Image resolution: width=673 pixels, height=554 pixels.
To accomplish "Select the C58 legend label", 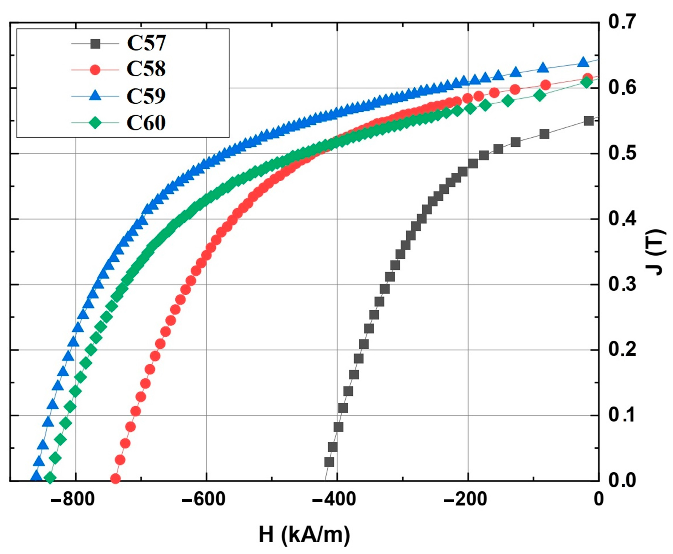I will [146, 69].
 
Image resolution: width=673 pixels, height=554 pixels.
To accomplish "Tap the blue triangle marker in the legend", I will [95, 95].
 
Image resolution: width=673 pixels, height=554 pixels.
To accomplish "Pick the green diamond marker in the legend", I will [95, 123].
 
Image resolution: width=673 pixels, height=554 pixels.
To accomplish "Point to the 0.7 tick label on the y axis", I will [622, 22].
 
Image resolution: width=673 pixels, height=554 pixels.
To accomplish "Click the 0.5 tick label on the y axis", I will [622, 154].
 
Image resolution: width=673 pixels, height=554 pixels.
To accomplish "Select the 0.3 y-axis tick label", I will [622, 285].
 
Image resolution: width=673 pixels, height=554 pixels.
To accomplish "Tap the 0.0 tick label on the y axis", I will [622, 481].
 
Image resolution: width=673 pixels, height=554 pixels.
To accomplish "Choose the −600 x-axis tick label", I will [203, 499].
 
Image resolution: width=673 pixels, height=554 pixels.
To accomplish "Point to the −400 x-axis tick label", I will [334, 499].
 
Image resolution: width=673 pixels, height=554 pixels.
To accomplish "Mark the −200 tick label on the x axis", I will [465, 499].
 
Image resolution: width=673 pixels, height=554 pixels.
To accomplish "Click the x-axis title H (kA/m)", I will [305, 535].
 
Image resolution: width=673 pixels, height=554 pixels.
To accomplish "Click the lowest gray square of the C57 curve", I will [329, 462].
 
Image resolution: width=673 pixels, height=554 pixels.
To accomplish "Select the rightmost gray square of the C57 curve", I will [589, 121].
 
